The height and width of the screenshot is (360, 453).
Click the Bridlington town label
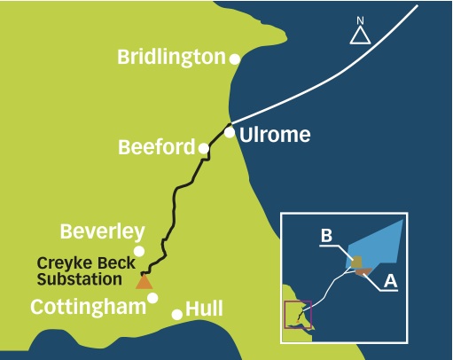[x=172, y=58]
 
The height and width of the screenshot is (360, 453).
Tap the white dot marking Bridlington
[x=235, y=59]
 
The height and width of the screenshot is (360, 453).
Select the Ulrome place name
[x=275, y=135]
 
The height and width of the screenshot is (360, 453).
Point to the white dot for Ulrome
[x=230, y=132]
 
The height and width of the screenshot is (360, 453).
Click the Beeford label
[x=157, y=147]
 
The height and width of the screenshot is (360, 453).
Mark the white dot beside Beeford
[x=204, y=148]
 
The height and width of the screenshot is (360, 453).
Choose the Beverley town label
[x=103, y=231]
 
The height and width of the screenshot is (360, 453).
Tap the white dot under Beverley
[x=139, y=251]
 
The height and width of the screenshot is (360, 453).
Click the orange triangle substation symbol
[x=144, y=282]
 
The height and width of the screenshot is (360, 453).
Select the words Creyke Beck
[x=86, y=263]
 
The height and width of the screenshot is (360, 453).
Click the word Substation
[x=80, y=279]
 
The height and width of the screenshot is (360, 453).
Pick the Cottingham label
[x=89, y=307]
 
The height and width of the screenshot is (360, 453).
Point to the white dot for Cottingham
[x=152, y=298]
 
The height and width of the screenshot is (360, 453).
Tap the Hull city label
[x=204, y=309]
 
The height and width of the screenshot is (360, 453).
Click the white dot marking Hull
[x=177, y=315]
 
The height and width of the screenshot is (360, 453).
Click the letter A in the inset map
[x=391, y=280]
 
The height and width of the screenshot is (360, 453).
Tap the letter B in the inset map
[x=326, y=236]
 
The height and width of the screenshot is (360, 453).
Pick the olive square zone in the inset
[x=357, y=262]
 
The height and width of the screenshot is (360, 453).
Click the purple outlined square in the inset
[x=285, y=315]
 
